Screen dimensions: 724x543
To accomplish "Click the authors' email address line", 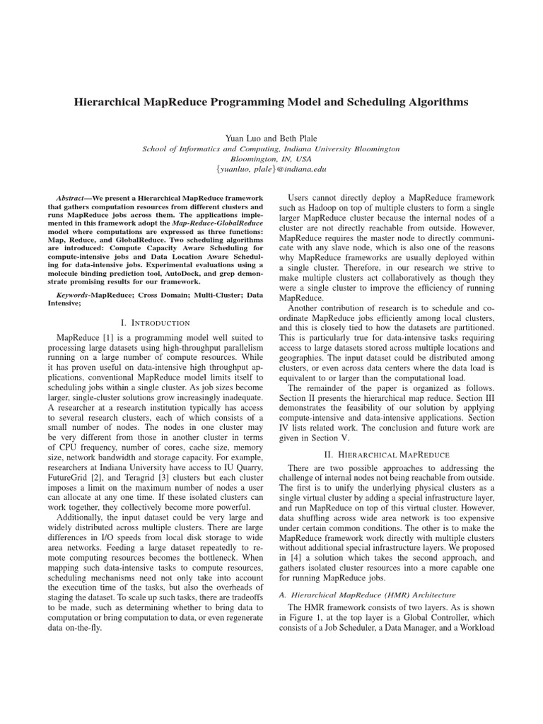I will point(271,169).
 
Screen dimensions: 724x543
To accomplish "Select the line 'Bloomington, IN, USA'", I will point(271,159).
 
